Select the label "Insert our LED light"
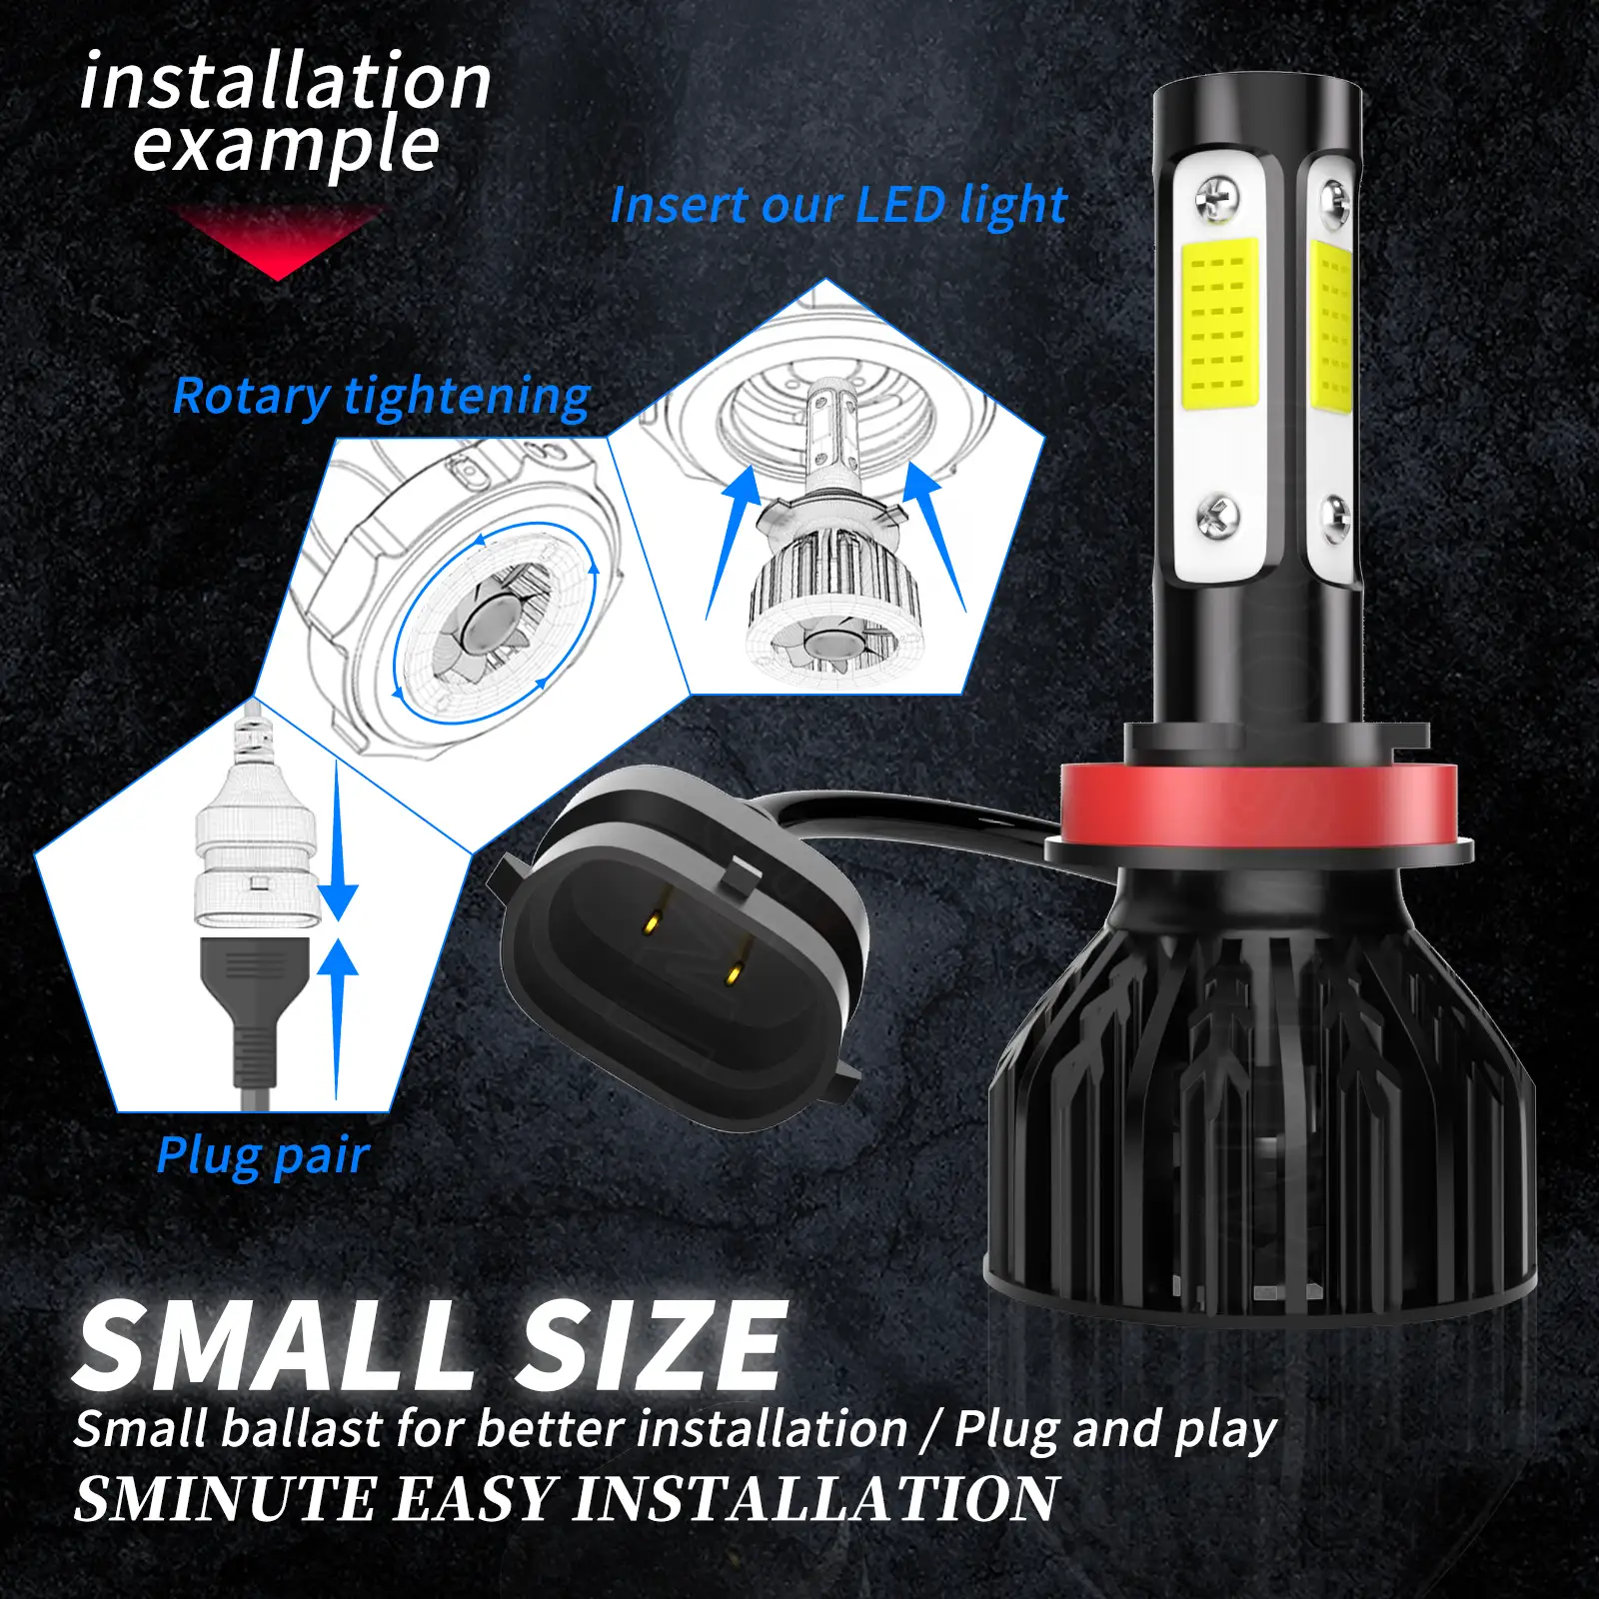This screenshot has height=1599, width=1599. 838,206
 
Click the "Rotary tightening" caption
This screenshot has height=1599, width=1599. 382,397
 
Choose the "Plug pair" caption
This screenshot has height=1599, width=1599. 263,1157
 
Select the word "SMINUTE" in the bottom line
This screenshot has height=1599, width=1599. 226,1499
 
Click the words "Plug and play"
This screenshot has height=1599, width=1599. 1115,1429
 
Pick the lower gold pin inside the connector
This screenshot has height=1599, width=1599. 736,970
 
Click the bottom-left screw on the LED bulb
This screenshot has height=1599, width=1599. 1217,518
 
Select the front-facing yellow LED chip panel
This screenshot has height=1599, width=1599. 1219,324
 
